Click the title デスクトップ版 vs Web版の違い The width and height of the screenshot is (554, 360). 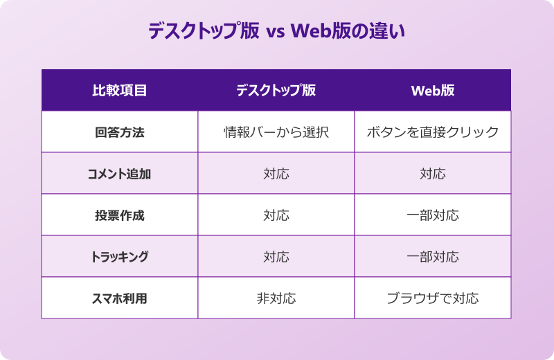(x=276, y=32)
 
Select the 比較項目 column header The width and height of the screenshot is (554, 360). (x=119, y=91)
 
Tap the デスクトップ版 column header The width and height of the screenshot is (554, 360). (x=276, y=91)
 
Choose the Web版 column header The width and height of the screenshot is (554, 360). (x=433, y=91)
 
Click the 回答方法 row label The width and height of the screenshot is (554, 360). (x=119, y=132)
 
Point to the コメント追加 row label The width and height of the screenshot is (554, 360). (x=119, y=174)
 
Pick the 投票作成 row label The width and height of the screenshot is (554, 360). (x=119, y=215)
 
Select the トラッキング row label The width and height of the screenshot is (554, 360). (x=119, y=257)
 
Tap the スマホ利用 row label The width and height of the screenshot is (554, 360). (x=119, y=298)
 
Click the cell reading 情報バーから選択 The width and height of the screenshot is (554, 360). (x=276, y=132)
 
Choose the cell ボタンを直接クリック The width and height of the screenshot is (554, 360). (x=433, y=132)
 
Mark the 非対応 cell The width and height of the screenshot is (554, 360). (x=276, y=298)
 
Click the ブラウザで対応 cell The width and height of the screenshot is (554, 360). (x=433, y=298)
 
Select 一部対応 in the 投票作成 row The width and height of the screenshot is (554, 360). (x=433, y=215)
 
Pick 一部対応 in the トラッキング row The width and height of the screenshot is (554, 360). (x=433, y=257)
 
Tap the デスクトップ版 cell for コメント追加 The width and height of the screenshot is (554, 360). (x=276, y=174)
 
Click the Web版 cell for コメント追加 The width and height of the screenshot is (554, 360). (x=433, y=174)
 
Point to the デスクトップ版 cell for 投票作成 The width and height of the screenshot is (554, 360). (x=276, y=215)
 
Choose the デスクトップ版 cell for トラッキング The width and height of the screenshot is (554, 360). (x=276, y=257)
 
